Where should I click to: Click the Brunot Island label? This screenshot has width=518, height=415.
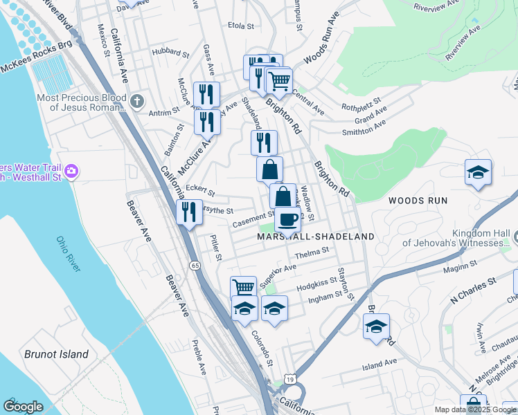pyautogui.click(x=56, y=354)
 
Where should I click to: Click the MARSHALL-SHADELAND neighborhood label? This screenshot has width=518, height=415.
pyautogui.click(x=316, y=237)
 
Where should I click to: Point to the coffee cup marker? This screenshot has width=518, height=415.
pyautogui.click(x=287, y=220)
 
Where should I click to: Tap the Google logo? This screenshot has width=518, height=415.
pyautogui.click(x=23, y=407)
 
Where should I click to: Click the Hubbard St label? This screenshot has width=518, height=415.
pyautogui.click(x=171, y=52)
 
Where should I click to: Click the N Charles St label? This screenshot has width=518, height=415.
pyautogui.click(x=474, y=291)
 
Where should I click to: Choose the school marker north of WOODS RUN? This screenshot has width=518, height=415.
pyautogui.click(x=478, y=172)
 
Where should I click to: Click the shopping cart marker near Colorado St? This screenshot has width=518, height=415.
pyautogui.click(x=243, y=287)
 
